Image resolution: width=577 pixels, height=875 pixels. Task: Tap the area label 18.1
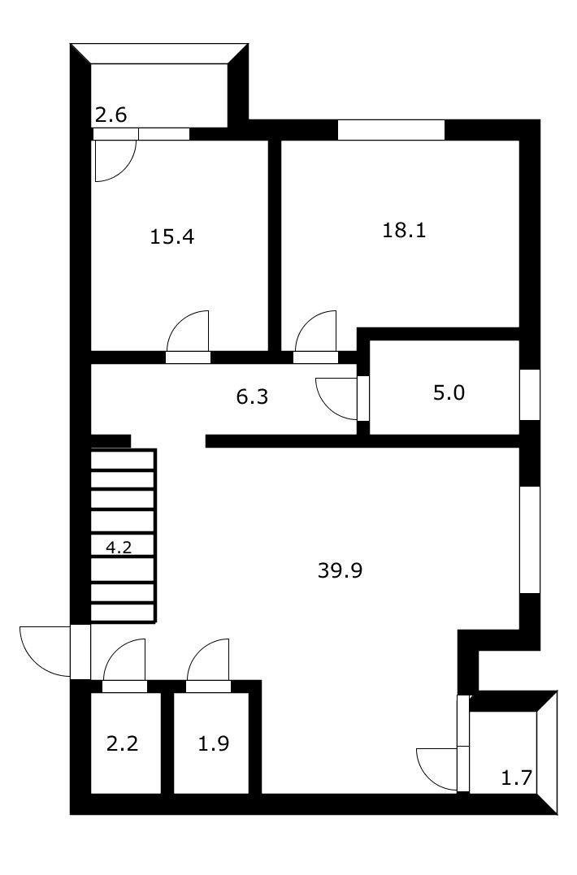tap(404, 230)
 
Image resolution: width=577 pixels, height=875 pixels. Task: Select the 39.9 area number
tap(340, 570)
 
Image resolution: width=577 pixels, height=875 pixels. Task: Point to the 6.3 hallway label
tap(252, 396)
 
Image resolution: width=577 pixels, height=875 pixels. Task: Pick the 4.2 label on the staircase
tap(119, 547)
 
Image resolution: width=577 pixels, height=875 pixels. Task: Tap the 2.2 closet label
tap(123, 743)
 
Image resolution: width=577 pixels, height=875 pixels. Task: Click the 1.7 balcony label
tap(516, 778)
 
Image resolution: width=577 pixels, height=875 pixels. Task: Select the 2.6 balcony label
tap(111, 115)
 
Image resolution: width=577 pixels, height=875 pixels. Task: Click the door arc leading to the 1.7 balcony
tap(437, 768)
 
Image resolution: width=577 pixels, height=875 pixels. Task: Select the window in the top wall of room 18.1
tap(391, 130)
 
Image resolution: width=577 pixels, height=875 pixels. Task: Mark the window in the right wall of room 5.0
tap(530, 394)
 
